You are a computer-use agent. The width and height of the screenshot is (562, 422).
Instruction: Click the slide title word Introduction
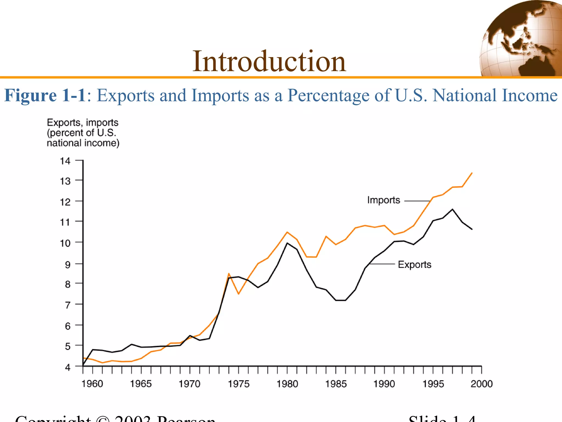[x=269, y=62]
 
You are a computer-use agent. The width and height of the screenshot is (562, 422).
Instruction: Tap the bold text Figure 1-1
[x=45, y=95]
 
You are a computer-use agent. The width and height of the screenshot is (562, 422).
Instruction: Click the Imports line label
[x=383, y=200]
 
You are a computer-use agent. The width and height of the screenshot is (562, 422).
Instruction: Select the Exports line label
[x=414, y=265]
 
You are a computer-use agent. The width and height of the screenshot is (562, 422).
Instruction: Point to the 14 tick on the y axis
[x=65, y=161]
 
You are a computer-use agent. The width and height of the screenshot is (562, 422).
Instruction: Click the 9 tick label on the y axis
[x=68, y=265]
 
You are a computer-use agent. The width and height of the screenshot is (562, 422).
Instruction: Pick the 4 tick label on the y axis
[x=68, y=367]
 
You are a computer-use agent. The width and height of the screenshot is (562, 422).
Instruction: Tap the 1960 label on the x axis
[x=92, y=384]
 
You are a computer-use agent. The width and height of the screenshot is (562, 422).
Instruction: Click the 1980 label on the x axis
[x=287, y=384]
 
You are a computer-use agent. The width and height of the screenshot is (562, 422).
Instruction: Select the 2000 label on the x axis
[x=482, y=384]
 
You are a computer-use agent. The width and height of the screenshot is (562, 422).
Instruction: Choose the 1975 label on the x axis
[x=238, y=384]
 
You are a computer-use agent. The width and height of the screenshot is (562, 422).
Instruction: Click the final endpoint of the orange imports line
[x=472, y=173]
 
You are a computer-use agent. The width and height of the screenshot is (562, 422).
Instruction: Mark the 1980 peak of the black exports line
[x=287, y=243]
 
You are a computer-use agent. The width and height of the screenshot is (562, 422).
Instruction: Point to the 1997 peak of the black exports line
[x=453, y=209]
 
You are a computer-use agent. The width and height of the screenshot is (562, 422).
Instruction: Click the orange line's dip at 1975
[x=239, y=294]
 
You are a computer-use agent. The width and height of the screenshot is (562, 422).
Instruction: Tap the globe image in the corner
[x=521, y=38]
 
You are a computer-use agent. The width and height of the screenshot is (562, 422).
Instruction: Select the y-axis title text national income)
[x=83, y=143]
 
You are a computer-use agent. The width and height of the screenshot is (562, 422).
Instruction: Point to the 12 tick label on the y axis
[x=65, y=202]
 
